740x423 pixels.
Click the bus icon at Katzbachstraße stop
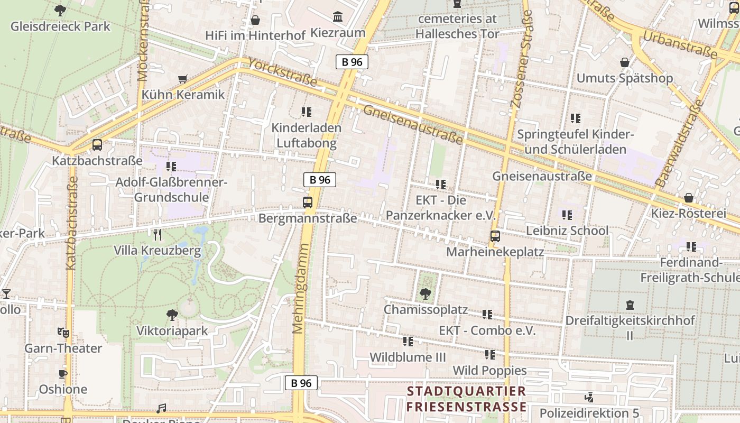click(97, 145)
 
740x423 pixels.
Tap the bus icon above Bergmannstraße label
click(308, 202)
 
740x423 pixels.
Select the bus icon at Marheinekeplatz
click(495, 236)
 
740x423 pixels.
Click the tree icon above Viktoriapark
click(172, 316)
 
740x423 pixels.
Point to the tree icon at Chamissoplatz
click(425, 293)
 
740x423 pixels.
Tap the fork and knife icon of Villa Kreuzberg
click(157, 235)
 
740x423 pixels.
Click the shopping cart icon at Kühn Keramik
click(183, 79)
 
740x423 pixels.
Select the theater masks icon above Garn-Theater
click(63, 333)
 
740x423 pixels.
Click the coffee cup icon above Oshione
click(63, 374)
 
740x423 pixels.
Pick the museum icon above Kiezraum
click(338, 17)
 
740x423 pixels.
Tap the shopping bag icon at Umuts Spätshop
click(624, 62)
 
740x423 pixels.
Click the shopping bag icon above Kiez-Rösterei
click(689, 198)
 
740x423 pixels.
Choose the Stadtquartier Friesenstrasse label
click(466, 399)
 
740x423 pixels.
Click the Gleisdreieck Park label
click(60, 26)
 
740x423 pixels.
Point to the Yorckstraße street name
click(282, 72)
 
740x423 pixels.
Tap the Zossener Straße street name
click(521, 59)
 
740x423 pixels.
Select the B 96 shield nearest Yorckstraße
click(352, 62)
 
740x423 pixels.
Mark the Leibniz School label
click(567, 231)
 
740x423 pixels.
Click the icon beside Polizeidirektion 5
click(589, 397)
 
